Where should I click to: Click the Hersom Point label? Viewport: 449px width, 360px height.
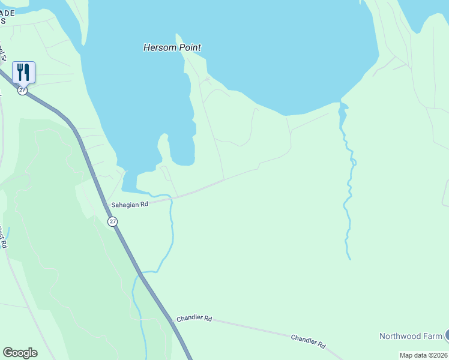click(172, 47)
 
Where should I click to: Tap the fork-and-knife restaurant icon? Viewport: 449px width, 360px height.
click(23, 72)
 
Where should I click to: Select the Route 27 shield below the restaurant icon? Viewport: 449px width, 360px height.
click(22, 91)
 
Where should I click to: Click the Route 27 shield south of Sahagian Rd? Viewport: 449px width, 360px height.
click(112, 222)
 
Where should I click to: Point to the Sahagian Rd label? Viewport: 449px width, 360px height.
click(129, 205)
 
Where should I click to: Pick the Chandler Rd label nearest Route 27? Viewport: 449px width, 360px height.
click(194, 319)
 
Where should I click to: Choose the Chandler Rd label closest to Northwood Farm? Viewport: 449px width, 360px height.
click(308, 341)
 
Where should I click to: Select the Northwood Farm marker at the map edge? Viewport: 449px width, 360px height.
click(447, 336)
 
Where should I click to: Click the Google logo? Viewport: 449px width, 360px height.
click(20, 353)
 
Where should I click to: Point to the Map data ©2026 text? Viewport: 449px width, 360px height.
click(424, 355)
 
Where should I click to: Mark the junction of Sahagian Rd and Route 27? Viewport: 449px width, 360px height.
click(104, 205)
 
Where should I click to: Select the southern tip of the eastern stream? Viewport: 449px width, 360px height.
click(349, 259)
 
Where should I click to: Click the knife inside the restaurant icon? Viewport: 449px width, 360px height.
click(27, 72)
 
